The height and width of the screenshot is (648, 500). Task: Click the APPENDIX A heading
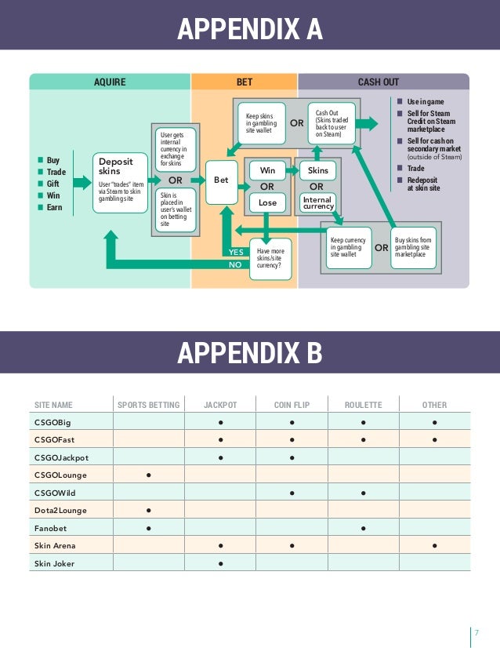tap(250, 30)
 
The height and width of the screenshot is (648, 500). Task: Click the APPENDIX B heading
tap(250, 353)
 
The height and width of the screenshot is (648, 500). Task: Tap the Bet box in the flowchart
tap(222, 180)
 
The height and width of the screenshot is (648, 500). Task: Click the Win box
tap(267, 169)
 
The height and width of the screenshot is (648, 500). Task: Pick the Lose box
tap(267, 203)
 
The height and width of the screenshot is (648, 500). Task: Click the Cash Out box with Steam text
tap(332, 124)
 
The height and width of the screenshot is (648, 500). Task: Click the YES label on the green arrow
tap(236, 252)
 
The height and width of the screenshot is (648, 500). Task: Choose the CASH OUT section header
tap(379, 82)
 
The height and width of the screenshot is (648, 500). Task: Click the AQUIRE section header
tap(109, 82)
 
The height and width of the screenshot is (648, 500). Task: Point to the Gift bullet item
tap(53, 184)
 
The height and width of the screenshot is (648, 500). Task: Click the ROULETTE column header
tap(364, 405)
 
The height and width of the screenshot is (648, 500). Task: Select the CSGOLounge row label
tap(60, 475)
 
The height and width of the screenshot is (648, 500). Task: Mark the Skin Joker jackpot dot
tap(221, 563)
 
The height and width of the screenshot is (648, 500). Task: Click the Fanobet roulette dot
tap(364, 528)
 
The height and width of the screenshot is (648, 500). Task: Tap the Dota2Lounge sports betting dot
tap(149, 510)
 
